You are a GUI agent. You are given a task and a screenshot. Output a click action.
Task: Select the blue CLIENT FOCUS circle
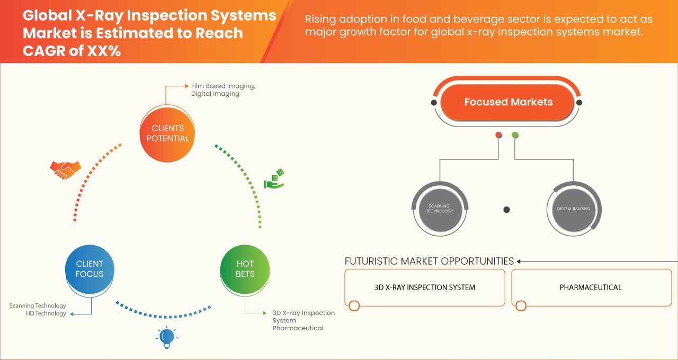[90, 269]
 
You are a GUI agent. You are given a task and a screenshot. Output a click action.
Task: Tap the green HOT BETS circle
[245, 269]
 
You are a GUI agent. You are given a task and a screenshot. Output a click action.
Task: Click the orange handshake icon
[65, 169]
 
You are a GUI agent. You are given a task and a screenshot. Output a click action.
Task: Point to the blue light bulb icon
[167, 337]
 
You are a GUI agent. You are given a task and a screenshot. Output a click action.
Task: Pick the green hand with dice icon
[274, 179]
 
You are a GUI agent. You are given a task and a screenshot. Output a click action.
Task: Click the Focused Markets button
[508, 102]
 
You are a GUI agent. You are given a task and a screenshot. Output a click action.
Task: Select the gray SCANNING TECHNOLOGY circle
[440, 209]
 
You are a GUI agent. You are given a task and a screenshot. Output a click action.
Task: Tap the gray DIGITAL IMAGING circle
[573, 209]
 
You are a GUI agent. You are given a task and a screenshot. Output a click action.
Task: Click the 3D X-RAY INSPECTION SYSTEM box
[425, 287]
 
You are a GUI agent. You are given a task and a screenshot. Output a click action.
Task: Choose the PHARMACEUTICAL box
[591, 287]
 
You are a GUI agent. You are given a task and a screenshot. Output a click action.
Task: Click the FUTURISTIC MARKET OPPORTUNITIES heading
[429, 261]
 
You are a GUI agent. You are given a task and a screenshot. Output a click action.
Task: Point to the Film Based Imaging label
[222, 86]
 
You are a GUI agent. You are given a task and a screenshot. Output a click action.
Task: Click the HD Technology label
[46, 313]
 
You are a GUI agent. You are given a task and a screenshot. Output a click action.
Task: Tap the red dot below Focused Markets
[498, 136]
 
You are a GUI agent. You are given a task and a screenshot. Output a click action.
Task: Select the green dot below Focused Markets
[515, 136]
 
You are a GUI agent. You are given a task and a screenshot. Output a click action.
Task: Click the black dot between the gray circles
[506, 210]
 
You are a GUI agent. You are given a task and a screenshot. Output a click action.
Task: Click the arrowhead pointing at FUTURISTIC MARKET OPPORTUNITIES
[519, 261]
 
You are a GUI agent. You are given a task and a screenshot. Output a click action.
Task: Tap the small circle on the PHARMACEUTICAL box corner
[521, 305]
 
